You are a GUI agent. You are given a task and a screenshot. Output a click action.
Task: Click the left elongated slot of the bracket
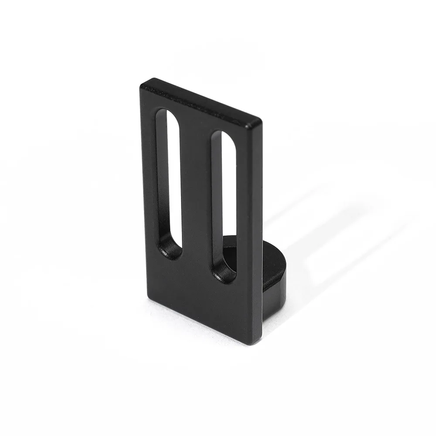point(169,183)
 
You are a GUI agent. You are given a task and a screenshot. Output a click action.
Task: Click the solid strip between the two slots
point(196,196)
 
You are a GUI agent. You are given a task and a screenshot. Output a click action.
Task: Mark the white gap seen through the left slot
point(174,174)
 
